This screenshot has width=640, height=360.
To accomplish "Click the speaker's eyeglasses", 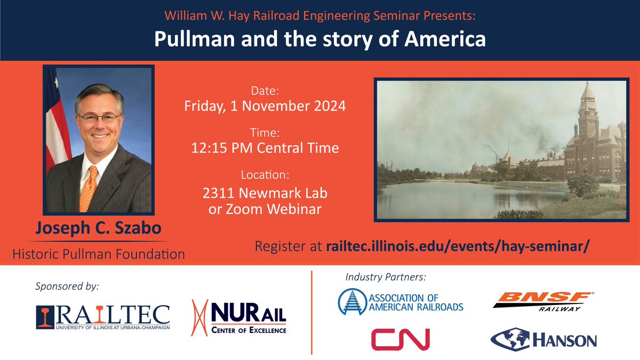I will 98,117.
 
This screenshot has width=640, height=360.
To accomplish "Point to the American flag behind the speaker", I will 55,123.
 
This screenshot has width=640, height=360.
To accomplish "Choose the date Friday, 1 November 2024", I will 265,106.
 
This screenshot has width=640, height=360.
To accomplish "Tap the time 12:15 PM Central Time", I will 265,148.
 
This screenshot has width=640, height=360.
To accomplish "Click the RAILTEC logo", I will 103,316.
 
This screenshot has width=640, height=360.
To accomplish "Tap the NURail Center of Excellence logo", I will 240,316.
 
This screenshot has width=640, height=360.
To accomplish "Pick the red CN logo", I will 400,339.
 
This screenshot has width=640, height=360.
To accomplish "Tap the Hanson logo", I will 543,339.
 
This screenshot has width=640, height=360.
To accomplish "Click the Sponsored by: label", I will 67,286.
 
